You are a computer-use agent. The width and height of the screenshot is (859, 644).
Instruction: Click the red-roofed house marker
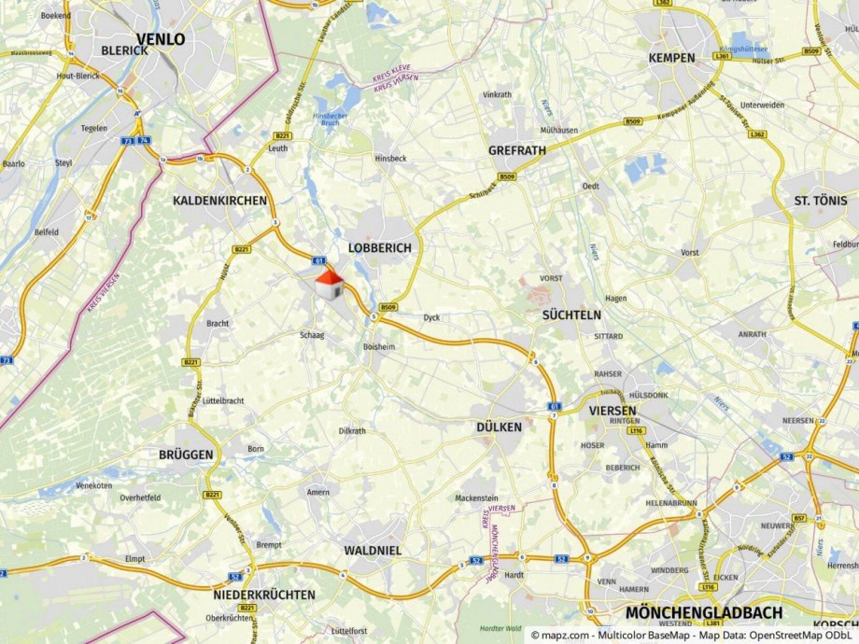[327, 284]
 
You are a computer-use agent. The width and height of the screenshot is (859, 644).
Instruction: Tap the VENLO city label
[161, 39]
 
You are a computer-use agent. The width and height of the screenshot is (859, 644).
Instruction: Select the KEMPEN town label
[671, 58]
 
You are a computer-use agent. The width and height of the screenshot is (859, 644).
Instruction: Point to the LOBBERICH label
[379, 248]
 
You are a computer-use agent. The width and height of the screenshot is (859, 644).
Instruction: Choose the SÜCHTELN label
[571, 315]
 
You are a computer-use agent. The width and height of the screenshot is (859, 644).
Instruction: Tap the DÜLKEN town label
[499, 427]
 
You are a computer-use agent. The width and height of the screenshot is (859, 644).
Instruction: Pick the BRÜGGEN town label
[187, 455]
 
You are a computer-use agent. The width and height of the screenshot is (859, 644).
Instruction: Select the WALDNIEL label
[373, 551]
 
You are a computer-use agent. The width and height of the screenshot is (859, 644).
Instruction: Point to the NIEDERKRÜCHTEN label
[264, 595]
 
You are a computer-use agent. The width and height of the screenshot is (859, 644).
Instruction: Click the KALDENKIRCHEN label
[220, 201]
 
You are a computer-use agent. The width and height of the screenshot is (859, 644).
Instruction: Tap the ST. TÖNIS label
[821, 201]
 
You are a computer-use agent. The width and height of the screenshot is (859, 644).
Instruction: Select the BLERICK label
[124, 50]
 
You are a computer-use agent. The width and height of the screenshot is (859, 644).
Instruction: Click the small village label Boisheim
[380, 347]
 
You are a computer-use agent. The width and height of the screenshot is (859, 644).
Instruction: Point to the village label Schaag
[312, 335]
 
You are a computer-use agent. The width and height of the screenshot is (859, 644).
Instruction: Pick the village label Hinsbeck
[391, 160]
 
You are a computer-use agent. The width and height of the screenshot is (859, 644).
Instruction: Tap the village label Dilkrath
[352, 431]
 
